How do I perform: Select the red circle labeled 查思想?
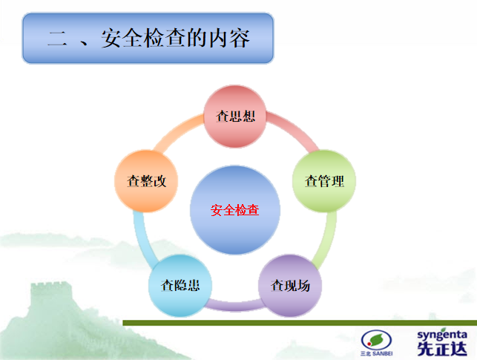[x=235, y=116]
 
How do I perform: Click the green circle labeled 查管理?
[x=325, y=181]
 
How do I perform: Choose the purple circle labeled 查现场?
[x=290, y=285]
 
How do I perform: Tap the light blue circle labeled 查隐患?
[x=180, y=285]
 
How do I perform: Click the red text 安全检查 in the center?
[x=235, y=210]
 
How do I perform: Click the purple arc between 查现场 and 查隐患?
[x=235, y=304]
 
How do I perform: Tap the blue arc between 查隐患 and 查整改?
[x=142, y=238]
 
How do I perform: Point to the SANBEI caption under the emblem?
[x=377, y=354]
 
